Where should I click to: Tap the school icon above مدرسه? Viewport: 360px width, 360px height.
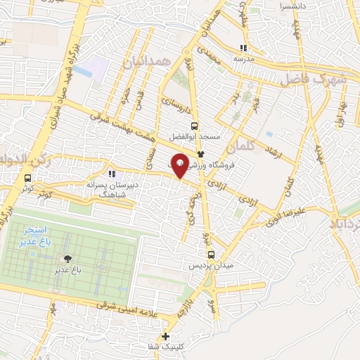coord(243,49)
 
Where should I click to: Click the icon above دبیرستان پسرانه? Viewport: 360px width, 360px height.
coord(110,174)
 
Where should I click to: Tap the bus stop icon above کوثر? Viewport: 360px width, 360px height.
coord(27,178)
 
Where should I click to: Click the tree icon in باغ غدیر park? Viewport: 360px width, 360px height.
coord(67,259)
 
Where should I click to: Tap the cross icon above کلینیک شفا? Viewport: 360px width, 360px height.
coord(166,337)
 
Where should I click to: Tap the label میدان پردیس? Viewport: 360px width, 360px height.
coord(211,267)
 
